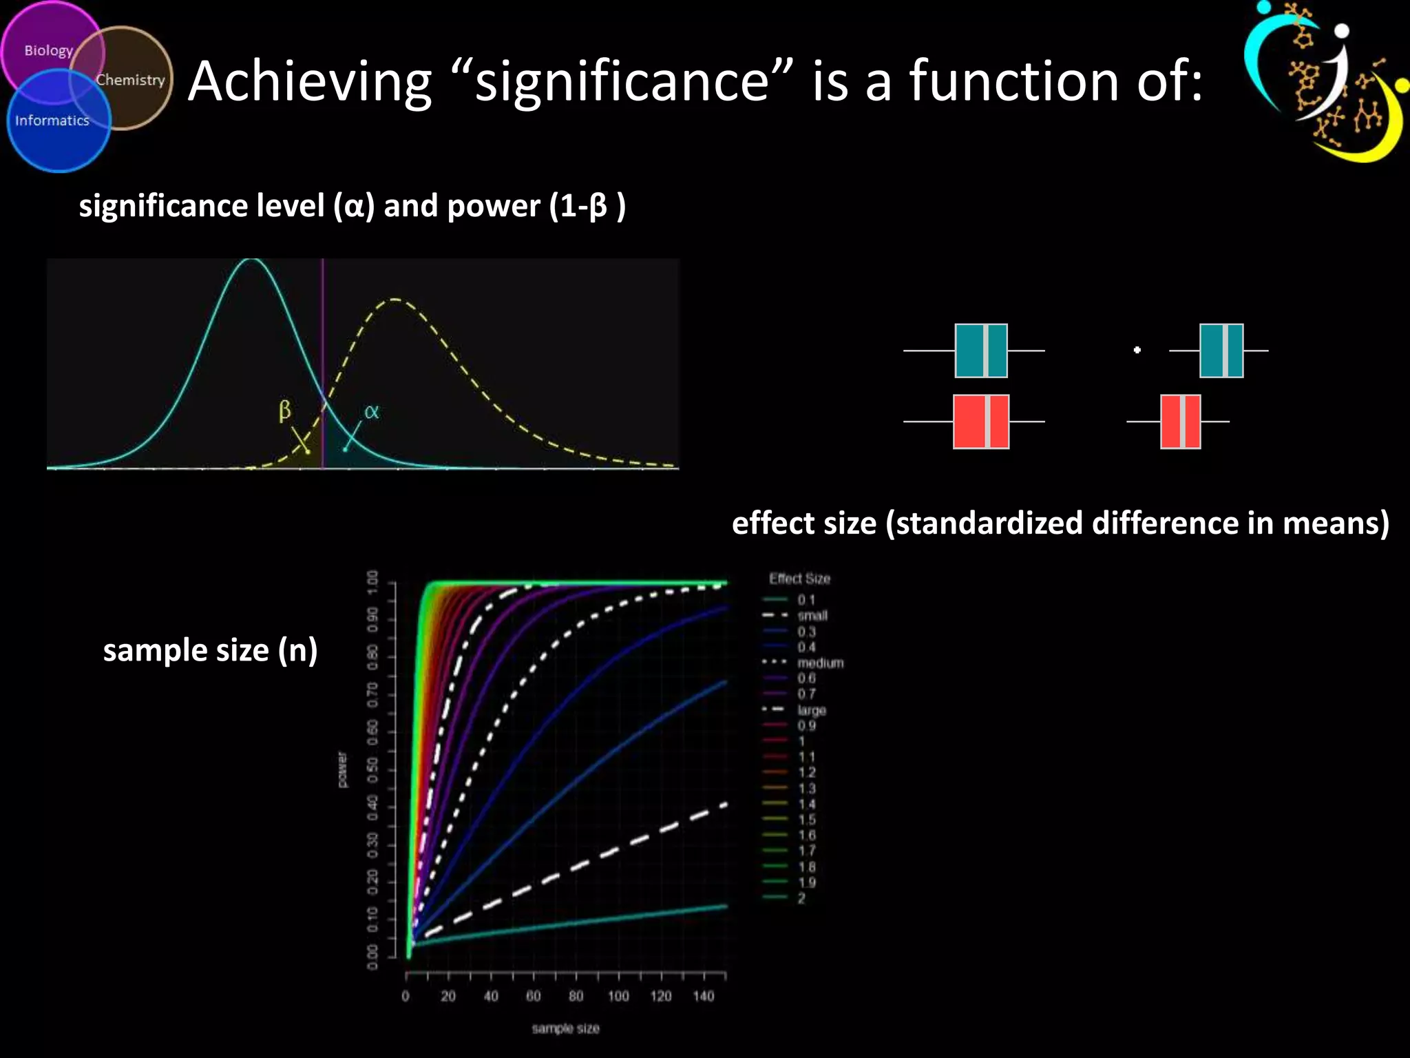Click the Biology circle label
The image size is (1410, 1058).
48,50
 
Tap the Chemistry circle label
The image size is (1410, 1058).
130,80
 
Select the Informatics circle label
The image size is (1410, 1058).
52,121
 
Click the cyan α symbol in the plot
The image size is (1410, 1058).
371,412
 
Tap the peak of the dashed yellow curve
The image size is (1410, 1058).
396,299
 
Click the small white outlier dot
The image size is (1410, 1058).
1137,350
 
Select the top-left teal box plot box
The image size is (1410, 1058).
980,351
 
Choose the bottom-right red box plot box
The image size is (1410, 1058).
1180,422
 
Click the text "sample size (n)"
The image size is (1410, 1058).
210,650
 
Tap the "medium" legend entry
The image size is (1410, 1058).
819,663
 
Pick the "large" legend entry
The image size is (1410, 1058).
811,710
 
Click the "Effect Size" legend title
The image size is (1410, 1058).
799,579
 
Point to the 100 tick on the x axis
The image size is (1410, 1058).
618,996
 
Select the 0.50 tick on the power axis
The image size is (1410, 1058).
372,770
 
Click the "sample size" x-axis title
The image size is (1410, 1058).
565,1028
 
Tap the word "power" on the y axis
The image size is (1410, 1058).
342,769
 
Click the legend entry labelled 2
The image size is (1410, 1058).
801,898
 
